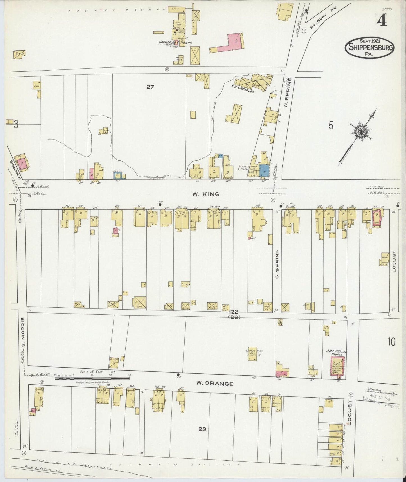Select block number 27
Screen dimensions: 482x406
click(x=150, y=87)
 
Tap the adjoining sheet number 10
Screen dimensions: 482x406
click(x=391, y=342)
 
